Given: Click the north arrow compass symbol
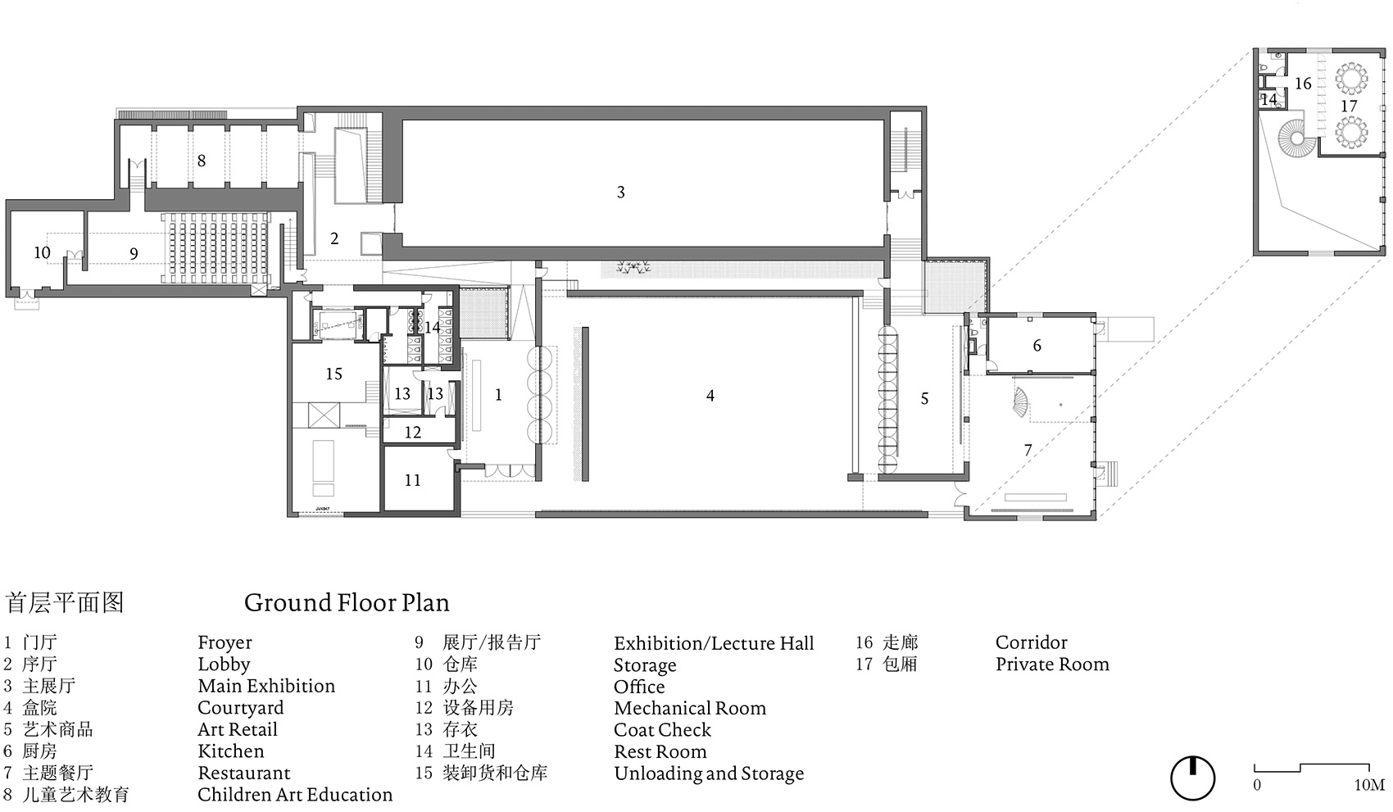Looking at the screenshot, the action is [x=1193, y=778].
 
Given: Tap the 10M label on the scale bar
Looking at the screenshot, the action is [x=1369, y=785].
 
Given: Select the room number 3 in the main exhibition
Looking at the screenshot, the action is [x=620, y=192].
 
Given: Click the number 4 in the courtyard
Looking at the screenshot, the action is [x=710, y=396].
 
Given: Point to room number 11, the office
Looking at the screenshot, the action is [x=412, y=480].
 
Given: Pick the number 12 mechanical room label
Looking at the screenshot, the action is [x=413, y=432].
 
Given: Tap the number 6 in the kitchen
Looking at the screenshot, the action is [x=1037, y=346].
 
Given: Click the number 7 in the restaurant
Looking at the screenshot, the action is [x=1028, y=450].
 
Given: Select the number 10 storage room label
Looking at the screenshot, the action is [x=42, y=252].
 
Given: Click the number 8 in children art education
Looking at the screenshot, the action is [x=202, y=161].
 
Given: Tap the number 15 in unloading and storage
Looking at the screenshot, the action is [x=334, y=374].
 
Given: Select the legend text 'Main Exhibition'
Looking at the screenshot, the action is [x=266, y=686].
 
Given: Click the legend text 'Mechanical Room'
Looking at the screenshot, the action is [x=690, y=708].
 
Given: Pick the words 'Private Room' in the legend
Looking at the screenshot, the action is [x=1052, y=664].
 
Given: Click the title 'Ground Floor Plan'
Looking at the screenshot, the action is [x=347, y=602].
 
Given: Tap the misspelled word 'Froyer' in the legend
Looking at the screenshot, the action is [x=225, y=643].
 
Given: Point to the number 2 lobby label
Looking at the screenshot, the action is [x=334, y=238].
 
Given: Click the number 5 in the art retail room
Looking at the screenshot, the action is [x=925, y=398].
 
